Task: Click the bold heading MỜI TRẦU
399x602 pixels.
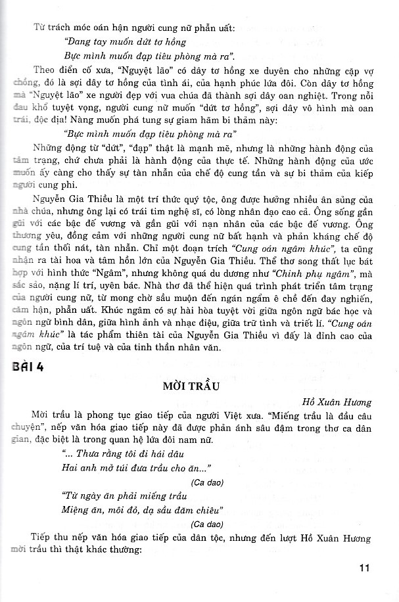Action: (x=199, y=385)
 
